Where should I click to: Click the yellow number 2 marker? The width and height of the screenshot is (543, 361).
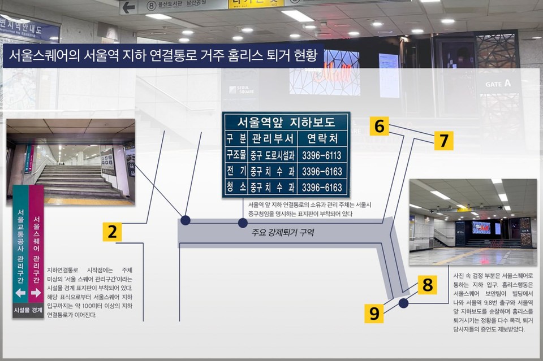(x=112, y=232)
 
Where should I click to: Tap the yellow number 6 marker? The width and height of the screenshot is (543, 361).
(x=380, y=127)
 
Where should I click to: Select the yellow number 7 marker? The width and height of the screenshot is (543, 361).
(x=443, y=140)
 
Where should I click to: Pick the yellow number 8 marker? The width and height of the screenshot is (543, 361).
(x=428, y=285)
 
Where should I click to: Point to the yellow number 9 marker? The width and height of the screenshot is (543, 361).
(x=374, y=313)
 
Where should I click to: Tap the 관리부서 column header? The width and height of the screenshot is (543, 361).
(x=271, y=138)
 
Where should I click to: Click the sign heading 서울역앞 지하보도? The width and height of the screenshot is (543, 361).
(x=286, y=121)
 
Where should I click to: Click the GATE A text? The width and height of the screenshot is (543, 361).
(x=498, y=84)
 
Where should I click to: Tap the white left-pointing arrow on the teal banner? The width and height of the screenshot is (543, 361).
(x=20, y=293)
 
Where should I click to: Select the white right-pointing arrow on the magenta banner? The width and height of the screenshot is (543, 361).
(x=36, y=293)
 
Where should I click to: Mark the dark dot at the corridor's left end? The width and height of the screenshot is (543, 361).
(x=185, y=220)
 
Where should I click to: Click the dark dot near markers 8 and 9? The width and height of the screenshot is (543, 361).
(x=403, y=303)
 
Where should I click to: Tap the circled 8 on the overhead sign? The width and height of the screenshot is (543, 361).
(x=151, y=6)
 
